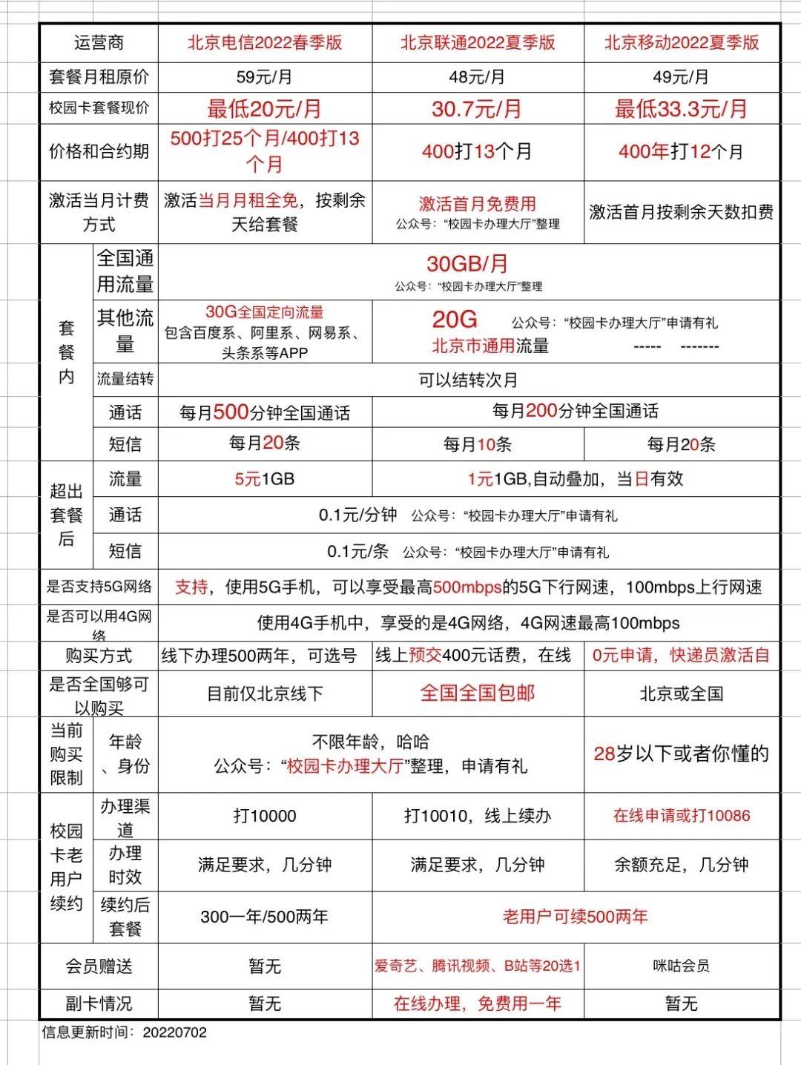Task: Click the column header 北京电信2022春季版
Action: (x=265, y=42)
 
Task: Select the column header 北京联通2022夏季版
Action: (x=478, y=42)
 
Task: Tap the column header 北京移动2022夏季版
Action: (x=682, y=42)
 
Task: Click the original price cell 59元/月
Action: (x=265, y=77)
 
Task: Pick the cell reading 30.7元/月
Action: (x=478, y=109)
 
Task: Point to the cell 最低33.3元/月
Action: (x=682, y=109)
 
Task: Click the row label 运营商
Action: (x=99, y=42)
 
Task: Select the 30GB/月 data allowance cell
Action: (x=467, y=264)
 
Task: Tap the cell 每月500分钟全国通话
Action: (x=265, y=412)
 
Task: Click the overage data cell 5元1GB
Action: (x=265, y=479)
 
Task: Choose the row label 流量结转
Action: (x=125, y=380)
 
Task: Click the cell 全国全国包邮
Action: (x=478, y=693)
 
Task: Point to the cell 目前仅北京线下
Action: (x=265, y=694)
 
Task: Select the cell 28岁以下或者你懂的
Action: (x=682, y=754)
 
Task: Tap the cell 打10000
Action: (x=265, y=817)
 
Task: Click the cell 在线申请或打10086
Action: (x=682, y=816)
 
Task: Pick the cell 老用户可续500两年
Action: (x=576, y=917)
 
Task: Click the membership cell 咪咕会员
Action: (x=682, y=966)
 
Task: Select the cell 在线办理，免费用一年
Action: (x=478, y=1003)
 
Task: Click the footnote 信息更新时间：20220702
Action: (x=125, y=1032)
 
